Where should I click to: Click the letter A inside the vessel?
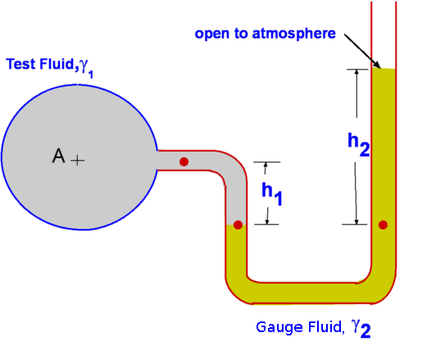point(58,156)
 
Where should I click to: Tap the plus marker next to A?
point(78,161)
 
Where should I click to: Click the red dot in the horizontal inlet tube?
point(184,162)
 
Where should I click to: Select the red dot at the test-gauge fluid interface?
point(238,225)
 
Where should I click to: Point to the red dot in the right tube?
point(383,225)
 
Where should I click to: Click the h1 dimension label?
point(272,194)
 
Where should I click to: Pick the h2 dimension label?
point(359,144)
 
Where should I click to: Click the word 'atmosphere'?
point(293,34)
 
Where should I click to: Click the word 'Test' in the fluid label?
point(21,64)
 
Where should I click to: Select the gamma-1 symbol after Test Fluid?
point(86,69)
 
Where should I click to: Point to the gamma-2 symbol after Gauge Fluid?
point(361,329)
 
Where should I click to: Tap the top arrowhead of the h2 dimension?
point(356,72)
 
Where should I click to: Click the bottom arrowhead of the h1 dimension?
point(267,221)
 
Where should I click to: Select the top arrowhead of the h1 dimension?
point(266,165)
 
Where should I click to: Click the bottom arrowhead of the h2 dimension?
point(356,221)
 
